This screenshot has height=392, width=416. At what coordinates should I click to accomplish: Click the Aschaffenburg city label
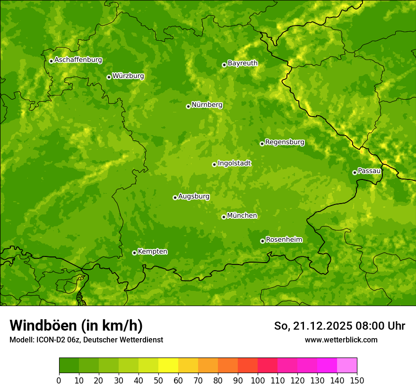tap(78, 60)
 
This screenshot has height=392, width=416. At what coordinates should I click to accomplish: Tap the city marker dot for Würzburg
tap(109, 77)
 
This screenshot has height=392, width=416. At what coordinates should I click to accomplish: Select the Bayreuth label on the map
tap(243, 63)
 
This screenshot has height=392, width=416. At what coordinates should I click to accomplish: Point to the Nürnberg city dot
tap(188, 106)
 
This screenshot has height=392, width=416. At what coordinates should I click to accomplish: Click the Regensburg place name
tap(285, 142)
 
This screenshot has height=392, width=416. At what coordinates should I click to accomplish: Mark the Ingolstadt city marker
tap(214, 164)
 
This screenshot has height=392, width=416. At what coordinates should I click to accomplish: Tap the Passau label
tap(369, 170)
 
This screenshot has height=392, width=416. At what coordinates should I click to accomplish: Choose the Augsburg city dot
tap(175, 197)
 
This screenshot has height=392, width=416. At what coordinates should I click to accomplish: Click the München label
tap(242, 215)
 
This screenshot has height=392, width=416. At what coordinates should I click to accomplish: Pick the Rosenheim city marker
tap(262, 241)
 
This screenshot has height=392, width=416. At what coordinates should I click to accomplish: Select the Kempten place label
tap(152, 251)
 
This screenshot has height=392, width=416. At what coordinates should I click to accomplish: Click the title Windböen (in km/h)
tap(76, 325)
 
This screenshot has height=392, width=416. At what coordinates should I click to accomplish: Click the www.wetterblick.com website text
tap(341, 340)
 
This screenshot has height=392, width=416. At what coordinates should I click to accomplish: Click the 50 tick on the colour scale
tap(158, 380)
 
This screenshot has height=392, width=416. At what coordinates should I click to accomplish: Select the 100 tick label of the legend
tap(258, 380)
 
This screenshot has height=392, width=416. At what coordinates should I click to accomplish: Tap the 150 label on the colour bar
tap(357, 380)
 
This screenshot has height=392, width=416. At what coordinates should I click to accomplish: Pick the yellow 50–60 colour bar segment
tap(168, 366)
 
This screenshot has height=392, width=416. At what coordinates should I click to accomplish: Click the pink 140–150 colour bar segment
tap(347, 366)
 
